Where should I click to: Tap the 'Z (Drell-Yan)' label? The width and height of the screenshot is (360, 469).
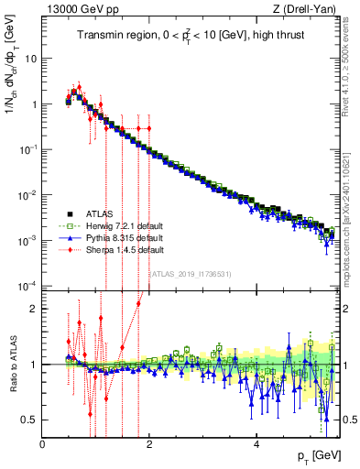(308, 9)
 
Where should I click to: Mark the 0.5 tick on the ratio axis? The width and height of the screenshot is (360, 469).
(29, 420)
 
